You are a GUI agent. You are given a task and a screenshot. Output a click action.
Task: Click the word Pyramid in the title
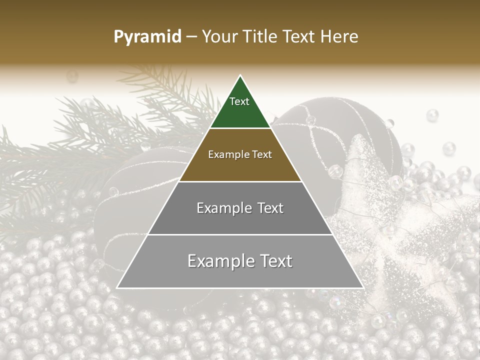coord(147,37)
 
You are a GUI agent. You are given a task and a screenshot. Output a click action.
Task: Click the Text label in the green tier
coord(239,101)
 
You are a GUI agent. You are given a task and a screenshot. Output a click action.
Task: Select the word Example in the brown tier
coord(227,155)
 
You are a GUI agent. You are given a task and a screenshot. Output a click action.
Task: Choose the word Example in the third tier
coord(223,208)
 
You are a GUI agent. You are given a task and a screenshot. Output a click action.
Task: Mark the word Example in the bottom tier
coord(218,261)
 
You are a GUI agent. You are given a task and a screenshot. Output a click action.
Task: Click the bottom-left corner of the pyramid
coord(117,287)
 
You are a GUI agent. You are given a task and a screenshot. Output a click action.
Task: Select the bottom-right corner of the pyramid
coord(363,287)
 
